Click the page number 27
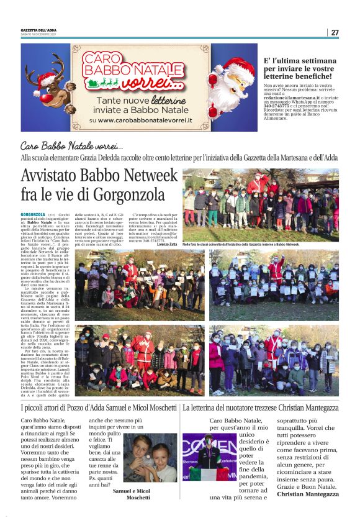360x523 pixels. pos(335,32)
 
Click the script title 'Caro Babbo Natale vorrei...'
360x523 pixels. pos(71,146)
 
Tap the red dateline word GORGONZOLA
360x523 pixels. pos(32,214)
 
